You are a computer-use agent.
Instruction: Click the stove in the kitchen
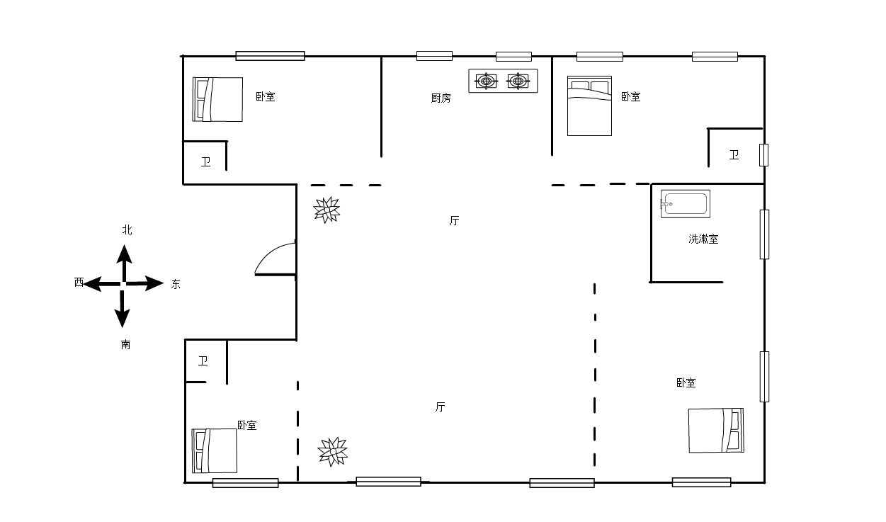(503, 81)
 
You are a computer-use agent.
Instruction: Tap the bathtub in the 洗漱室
(685, 204)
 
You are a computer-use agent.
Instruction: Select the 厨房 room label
(441, 98)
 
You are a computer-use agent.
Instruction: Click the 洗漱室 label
(703, 239)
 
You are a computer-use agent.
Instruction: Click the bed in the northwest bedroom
(217, 99)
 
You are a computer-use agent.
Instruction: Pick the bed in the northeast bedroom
(589, 106)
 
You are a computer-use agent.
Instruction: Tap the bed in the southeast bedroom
(716, 430)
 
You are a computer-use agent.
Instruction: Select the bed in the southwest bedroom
(215, 450)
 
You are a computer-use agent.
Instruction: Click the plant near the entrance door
(326, 210)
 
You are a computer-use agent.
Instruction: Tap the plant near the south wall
(333, 452)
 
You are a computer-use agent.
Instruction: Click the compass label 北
(127, 229)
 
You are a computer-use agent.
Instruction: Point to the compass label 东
(176, 284)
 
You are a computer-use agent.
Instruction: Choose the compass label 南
(125, 344)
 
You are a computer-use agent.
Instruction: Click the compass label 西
(79, 283)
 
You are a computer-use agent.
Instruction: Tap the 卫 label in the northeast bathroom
(734, 154)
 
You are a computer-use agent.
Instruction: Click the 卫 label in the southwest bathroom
(203, 361)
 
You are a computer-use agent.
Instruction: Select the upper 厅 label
(454, 221)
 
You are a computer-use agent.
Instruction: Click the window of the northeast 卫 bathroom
(763, 155)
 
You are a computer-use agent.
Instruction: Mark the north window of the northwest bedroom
(270, 56)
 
